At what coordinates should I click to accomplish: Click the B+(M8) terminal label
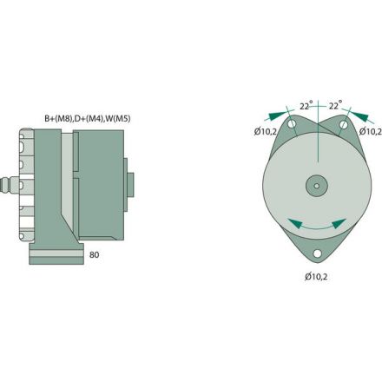pos(58,117)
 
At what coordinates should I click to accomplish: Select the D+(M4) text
pos(91,117)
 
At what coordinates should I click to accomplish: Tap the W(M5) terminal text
pos(121,117)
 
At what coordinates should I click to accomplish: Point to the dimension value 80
pos(95,256)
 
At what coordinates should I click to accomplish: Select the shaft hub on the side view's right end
pos(130,183)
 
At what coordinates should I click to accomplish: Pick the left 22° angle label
pos(305,106)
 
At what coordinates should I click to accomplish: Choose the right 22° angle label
pos(334,106)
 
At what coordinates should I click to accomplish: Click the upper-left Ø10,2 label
pos(266,132)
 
